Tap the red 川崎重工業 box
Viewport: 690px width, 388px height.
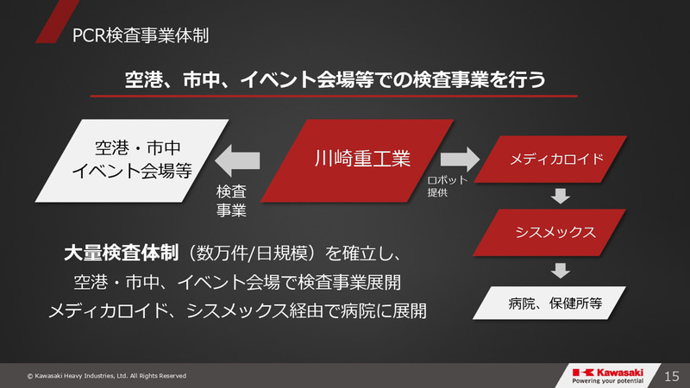[x=361, y=160]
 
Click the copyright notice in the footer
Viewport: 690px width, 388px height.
[x=106, y=376]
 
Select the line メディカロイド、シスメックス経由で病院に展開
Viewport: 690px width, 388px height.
[x=237, y=310]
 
